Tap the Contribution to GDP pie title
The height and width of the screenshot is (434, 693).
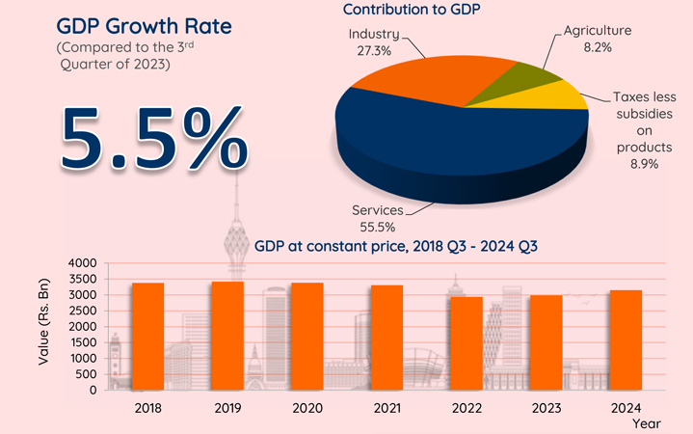(x=413, y=10)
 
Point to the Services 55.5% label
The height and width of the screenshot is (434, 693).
(x=379, y=216)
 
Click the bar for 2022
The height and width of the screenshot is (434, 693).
(x=466, y=343)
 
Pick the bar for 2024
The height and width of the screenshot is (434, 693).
(x=626, y=339)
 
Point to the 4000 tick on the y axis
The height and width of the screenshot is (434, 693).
(x=84, y=263)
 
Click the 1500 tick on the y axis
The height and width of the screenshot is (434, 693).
(x=84, y=342)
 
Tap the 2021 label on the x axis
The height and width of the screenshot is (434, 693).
(x=386, y=408)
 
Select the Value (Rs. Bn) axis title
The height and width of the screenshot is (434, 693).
(x=44, y=325)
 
